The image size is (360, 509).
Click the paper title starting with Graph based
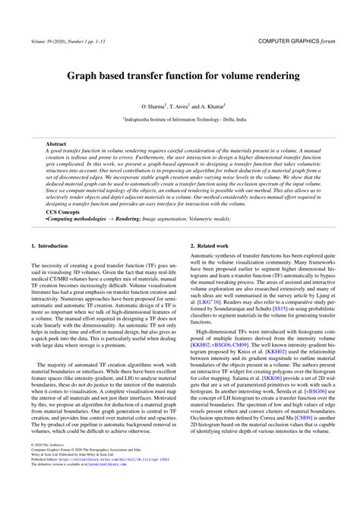pyautogui.click(x=179, y=77)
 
